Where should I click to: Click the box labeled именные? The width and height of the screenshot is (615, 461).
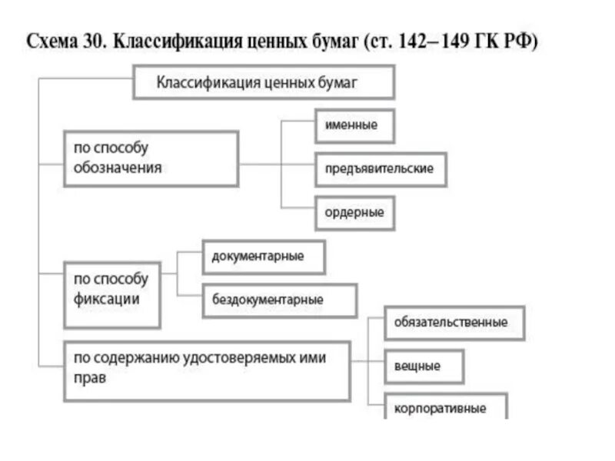coord(354,125)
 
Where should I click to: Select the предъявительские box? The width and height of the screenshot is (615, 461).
coord(380,169)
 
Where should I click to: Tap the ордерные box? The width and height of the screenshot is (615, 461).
coord(354,212)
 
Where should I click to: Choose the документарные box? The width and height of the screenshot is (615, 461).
coord(263,257)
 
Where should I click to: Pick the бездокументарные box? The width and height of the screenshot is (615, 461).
coord(279,300)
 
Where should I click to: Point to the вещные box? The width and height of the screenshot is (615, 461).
coord(424,366)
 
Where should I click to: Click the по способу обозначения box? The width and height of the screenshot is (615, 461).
coord(150,158)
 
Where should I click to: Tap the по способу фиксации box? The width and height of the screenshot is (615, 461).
coord(111,287)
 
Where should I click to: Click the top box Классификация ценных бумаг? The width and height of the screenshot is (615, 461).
coord(264,82)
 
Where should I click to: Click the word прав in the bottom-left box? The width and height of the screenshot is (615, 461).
coord(90,379)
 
